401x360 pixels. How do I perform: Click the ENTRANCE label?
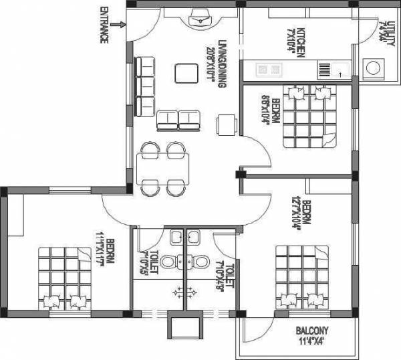104,25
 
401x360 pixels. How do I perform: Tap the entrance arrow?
118,25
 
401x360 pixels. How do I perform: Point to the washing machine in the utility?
372,67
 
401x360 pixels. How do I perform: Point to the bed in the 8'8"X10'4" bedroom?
308,116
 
